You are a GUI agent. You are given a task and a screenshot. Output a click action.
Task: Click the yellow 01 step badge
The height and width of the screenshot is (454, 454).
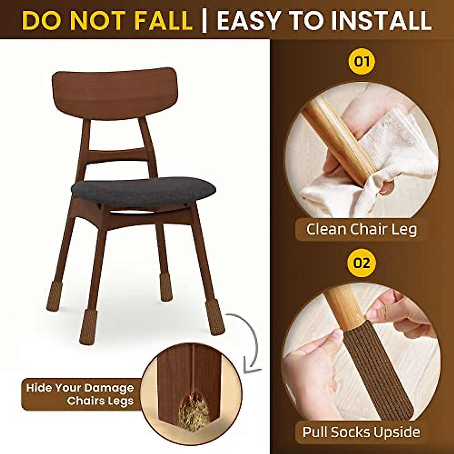(362, 62)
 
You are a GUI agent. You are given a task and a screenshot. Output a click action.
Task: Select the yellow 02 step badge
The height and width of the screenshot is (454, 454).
(362, 263)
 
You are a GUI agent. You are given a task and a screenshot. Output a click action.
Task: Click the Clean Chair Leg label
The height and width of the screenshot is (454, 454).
(361, 229)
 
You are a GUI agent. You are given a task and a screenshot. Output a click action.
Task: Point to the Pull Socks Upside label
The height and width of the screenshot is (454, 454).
(361, 431)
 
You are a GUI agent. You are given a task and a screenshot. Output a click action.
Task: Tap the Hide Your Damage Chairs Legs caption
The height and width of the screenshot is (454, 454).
(80, 394)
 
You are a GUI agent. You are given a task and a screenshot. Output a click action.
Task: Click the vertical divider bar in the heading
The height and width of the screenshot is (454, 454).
(205, 21)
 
